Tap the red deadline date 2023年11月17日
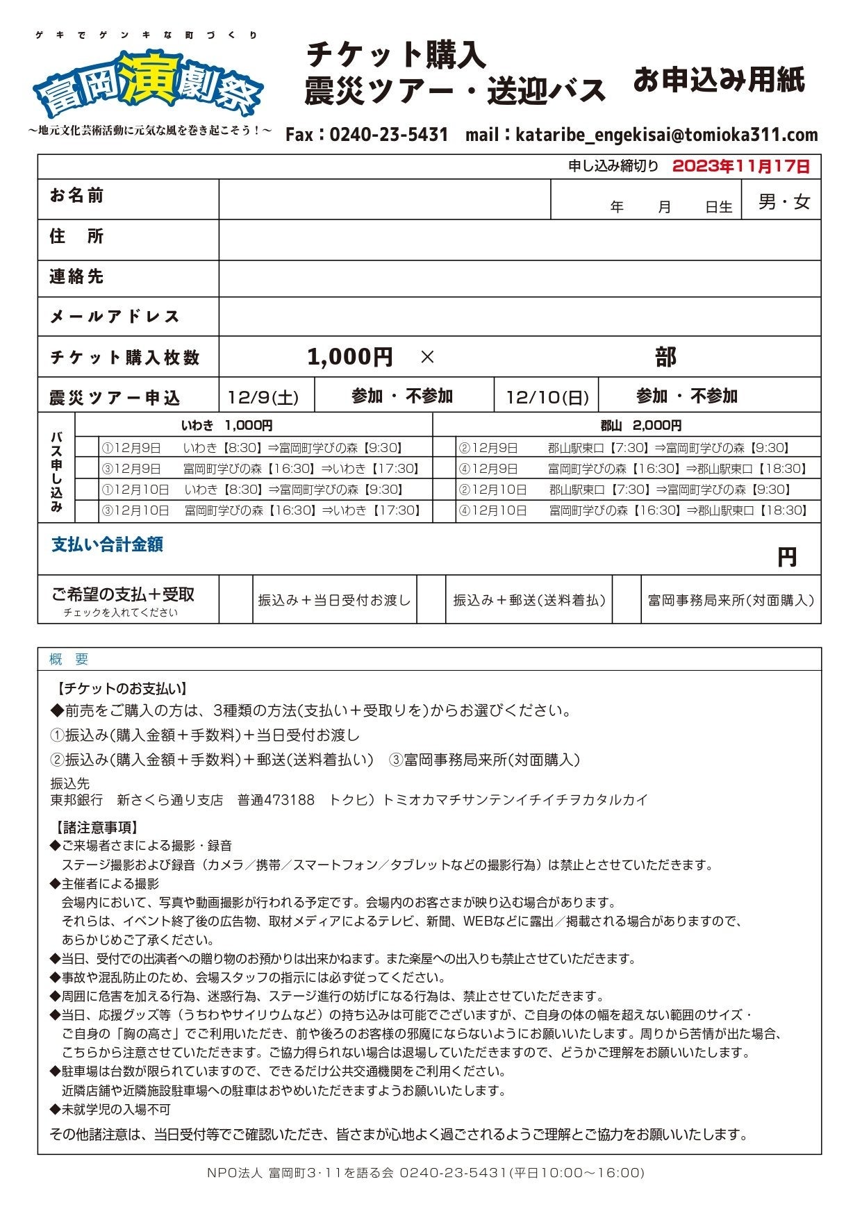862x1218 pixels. coord(740,167)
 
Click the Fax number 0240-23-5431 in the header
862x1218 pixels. coord(388,135)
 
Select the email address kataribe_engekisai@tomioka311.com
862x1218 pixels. coord(666,135)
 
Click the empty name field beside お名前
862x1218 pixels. coord(384,200)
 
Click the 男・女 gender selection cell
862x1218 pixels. coord(784,202)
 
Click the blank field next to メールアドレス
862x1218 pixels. coord(519,317)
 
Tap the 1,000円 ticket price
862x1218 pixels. coord(349,357)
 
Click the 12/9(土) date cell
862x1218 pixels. coord(263,397)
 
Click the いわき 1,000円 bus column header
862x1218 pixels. coord(226,425)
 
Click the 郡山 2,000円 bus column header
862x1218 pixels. coord(640,425)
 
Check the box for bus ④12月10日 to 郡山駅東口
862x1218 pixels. coord(445,511)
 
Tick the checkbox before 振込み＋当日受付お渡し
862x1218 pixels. coord(235,600)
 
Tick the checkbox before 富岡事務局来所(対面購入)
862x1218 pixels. coord(626,600)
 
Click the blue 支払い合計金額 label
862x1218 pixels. coord(107,545)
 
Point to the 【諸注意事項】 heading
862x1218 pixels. coord(96,828)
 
